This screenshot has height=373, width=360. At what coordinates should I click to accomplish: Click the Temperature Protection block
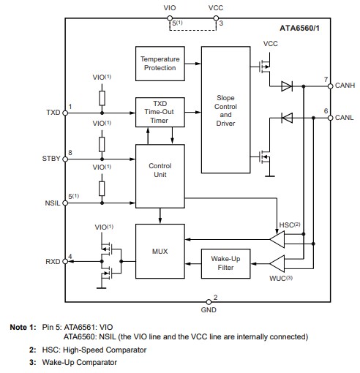[159, 63]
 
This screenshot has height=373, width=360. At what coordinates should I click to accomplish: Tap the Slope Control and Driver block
[225, 110]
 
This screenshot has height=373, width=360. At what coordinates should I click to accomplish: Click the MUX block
[159, 252]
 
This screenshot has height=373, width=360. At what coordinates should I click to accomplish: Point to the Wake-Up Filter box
[225, 263]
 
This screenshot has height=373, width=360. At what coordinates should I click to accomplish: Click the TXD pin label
[53, 113]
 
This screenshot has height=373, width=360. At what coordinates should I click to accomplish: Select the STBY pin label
[52, 158]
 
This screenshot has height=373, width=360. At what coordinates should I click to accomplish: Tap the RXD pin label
[53, 261]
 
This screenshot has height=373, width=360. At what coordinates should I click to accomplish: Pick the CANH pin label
[345, 86]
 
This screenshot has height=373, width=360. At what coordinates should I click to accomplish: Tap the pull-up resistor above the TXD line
[102, 97]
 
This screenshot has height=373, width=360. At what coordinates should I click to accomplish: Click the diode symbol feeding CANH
[288, 86]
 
